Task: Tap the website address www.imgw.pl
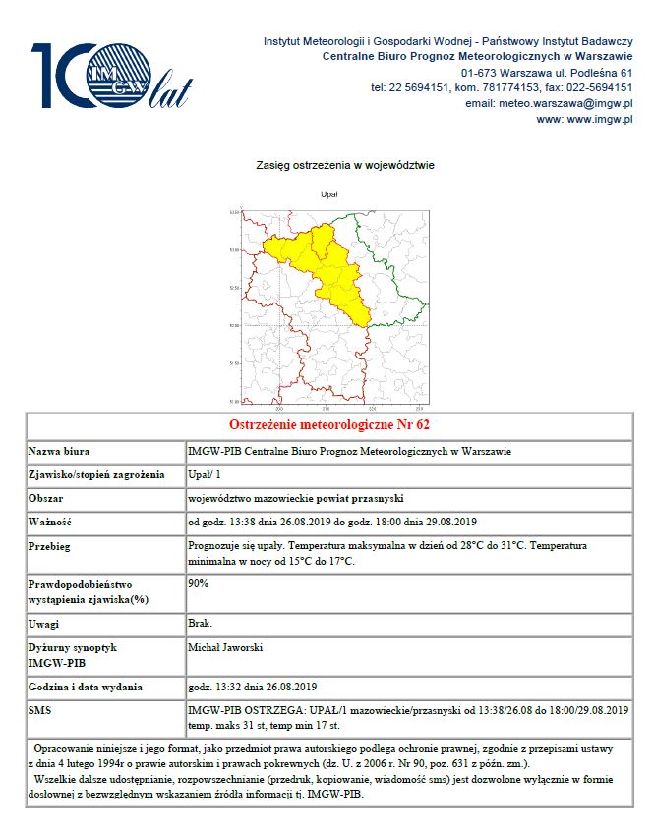point(599,119)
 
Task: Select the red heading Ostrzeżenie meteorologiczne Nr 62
point(328,425)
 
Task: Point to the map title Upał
point(329,194)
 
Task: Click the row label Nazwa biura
point(59,451)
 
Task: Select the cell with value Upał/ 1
point(206,475)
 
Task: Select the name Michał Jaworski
point(224,648)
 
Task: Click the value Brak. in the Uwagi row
point(199,624)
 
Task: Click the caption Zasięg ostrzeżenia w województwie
point(329,165)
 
